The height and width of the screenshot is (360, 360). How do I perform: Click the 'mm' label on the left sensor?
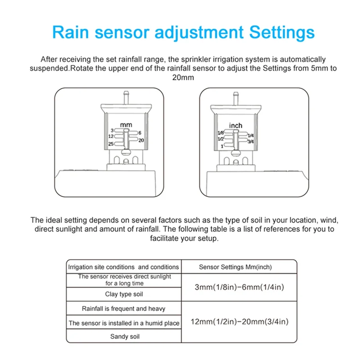tap(126, 124)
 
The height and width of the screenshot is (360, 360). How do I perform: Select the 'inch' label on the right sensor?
tap(235, 126)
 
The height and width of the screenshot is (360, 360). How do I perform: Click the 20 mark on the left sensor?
tap(140, 140)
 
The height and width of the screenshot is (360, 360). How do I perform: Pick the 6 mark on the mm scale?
tap(140, 133)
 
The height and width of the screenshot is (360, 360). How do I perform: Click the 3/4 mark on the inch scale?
tap(250, 141)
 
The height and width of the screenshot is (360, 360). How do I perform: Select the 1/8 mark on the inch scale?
tap(220, 133)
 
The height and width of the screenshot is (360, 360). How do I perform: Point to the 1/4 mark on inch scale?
tap(250, 135)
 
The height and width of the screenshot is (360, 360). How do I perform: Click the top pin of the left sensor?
tap(126, 96)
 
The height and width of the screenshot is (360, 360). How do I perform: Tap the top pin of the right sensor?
tap(235, 96)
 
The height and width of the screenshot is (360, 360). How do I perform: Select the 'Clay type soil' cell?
tap(124, 294)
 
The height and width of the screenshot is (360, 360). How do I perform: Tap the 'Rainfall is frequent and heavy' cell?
tap(124, 309)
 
